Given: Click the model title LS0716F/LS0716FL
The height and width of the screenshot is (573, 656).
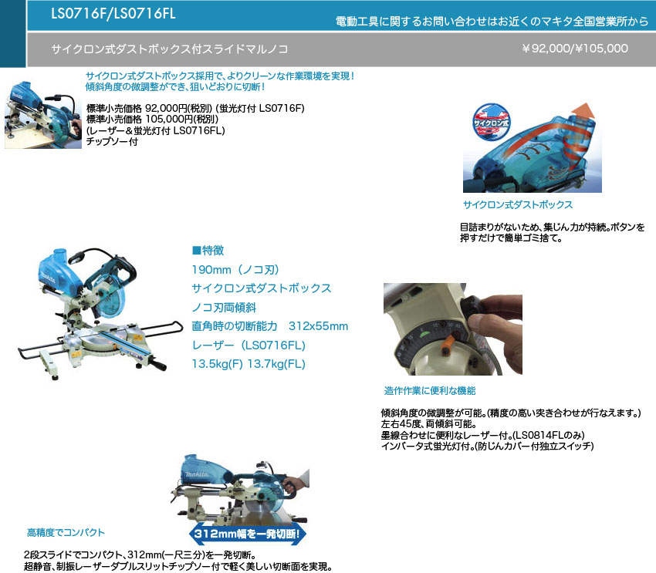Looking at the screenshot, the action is pyautogui.click(x=113, y=13).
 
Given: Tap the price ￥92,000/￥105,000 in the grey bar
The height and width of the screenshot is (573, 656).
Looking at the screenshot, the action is pyautogui.click(x=575, y=49).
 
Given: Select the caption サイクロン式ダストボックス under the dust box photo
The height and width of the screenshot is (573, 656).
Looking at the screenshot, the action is pyautogui.click(x=518, y=205).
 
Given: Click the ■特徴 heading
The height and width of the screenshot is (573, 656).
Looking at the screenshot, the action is pyautogui.click(x=208, y=251).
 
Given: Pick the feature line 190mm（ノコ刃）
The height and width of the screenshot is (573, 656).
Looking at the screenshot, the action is pyautogui.click(x=235, y=270).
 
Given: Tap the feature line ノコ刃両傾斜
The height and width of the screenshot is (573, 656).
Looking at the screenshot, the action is pyautogui.click(x=224, y=308).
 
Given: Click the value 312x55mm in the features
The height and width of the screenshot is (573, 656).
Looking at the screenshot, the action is pyautogui.click(x=319, y=326).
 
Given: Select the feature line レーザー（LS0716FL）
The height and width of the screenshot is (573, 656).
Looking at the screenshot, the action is pyautogui.click(x=249, y=345).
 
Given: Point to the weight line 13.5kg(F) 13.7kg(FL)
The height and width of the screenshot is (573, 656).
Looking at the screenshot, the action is pyautogui.click(x=249, y=364).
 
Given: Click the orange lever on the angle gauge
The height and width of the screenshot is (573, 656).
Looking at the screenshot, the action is pyautogui.click(x=449, y=343).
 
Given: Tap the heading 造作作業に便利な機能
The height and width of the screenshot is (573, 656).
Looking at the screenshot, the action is pyautogui.click(x=430, y=391).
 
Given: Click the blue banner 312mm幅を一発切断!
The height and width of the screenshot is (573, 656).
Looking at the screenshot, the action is pyautogui.click(x=247, y=534).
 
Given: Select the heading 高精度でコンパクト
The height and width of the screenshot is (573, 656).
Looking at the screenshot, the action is pyautogui.click(x=66, y=532).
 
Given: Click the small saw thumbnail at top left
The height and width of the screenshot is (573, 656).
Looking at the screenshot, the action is pyautogui.click(x=43, y=114).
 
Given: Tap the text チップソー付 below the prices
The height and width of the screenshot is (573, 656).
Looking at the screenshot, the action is pyautogui.click(x=112, y=142).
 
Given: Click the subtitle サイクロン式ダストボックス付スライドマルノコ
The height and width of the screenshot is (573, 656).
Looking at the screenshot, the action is pyautogui.click(x=170, y=49).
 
